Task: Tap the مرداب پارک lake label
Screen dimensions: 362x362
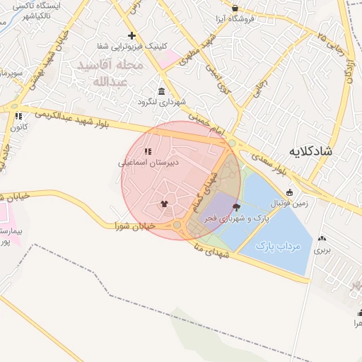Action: click(x=278, y=246)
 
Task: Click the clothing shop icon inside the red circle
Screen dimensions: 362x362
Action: click(x=165, y=204)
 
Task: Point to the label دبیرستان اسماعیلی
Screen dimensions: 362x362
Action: click(x=148, y=162)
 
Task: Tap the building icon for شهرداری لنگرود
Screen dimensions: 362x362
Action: click(x=162, y=92)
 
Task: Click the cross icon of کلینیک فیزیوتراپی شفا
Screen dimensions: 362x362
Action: click(x=131, y=35)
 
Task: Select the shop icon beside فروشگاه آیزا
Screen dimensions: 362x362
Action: click(x=235, y=8)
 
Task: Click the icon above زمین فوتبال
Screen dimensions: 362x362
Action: click(x=289, y=192)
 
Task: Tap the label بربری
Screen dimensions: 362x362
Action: click(x=322, y=250)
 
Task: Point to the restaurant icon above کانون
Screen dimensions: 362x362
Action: click(x=18, y=117)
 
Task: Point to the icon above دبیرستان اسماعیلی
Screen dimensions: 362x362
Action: click(x=148, y=151)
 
